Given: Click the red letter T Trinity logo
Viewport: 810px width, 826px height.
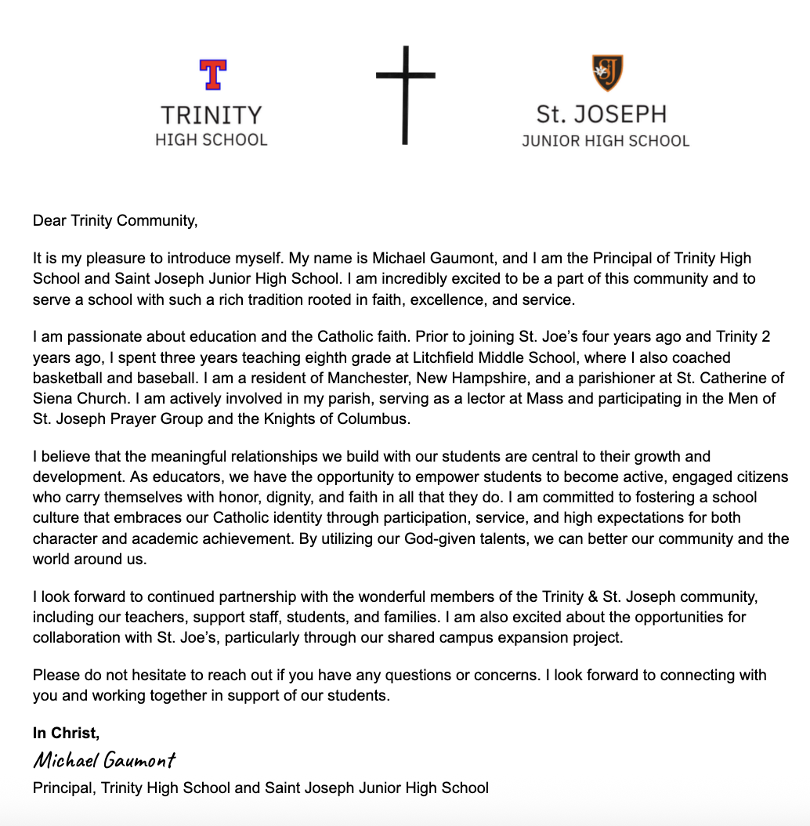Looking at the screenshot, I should (212, 74).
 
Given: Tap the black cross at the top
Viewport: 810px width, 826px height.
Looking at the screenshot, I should (405, 94).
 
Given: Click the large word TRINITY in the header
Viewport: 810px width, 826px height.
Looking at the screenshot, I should (212, 116).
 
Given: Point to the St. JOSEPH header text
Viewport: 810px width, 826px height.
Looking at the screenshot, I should (602, 114).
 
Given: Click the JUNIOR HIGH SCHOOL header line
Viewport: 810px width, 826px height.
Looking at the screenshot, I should (606, 142).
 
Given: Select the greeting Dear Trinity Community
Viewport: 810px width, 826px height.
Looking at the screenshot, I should (115, 220).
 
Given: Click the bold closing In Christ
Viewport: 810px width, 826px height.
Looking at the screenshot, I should (67, 734).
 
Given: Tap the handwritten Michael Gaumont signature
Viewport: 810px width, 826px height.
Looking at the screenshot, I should (105, 759).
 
